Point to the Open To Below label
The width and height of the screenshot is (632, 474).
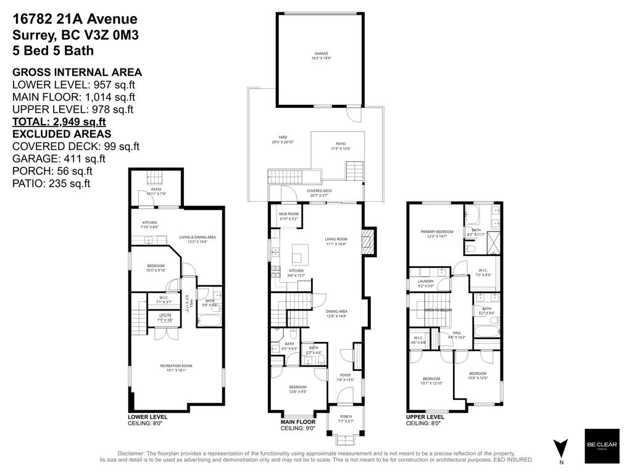coord(438,310)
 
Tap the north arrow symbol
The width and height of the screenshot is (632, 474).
coord(560,446)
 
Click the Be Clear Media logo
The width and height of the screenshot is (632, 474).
coord(602,446)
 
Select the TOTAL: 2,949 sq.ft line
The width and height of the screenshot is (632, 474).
coord(59,122)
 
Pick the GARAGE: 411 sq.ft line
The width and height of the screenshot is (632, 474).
coord(58,159)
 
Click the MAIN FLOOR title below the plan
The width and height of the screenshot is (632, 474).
coord(290,422)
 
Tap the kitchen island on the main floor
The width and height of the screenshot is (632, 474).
coord(299,252)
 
